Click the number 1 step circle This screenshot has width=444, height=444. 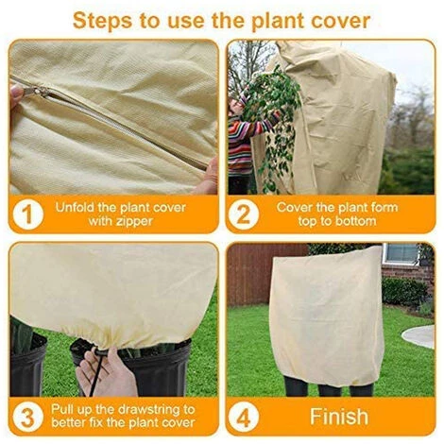28,214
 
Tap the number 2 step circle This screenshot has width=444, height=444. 244,214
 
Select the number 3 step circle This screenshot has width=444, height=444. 28,417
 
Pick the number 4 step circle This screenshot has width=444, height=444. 244,417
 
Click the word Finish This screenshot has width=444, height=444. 339,417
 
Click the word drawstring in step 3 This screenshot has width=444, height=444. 146,410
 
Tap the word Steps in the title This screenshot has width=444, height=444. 102,21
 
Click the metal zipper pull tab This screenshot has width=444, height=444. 36,92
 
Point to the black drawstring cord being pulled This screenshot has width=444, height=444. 96,370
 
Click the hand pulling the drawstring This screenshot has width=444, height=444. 106,373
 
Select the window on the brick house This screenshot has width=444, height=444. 401,253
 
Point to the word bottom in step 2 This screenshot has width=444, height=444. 355,221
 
